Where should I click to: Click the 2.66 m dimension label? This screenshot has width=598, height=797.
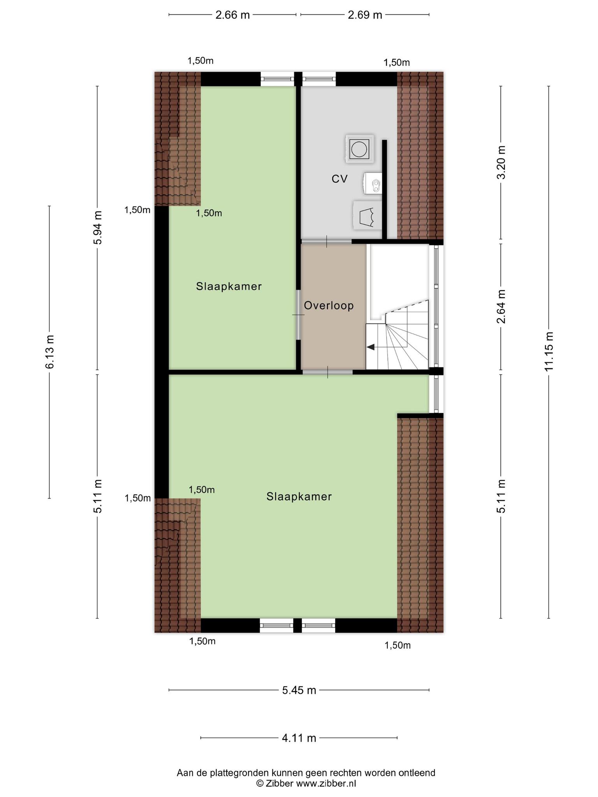tap(232, 15)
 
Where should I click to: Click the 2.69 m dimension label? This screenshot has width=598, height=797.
tap(365, 15)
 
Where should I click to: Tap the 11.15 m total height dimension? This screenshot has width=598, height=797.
tap(549, 351)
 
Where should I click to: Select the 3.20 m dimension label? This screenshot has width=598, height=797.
tap(501, 162)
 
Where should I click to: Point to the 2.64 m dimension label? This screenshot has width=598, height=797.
tap(501, 306)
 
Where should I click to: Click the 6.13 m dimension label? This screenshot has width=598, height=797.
tap(49, 351)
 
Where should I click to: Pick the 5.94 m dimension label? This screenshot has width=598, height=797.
tap(97, 228)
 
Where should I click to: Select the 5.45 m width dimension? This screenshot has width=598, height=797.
tap(299, 690)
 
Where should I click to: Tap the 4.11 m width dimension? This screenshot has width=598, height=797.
tap(299, 737)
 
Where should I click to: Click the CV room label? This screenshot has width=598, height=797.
tap(339, 179)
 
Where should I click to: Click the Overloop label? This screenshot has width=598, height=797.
tap(329, 305)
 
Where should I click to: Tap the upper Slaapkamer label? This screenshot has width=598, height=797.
tap(229, 286)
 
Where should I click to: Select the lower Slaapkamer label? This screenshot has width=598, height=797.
tap(299, 497)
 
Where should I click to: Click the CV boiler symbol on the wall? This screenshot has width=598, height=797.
tap(373, 183)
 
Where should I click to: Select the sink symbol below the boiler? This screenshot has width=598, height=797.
tap(367, 215)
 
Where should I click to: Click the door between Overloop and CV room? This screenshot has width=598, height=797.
tap(327, 241)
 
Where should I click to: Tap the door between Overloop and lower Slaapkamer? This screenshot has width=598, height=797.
tap(328, 372)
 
